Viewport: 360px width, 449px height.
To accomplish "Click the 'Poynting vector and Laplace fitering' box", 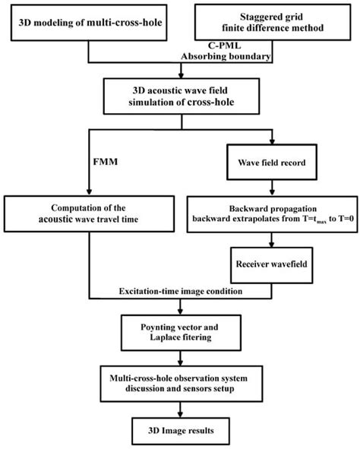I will tap(179, 328).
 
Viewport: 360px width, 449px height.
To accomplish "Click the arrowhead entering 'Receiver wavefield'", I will tap(273, 250).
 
